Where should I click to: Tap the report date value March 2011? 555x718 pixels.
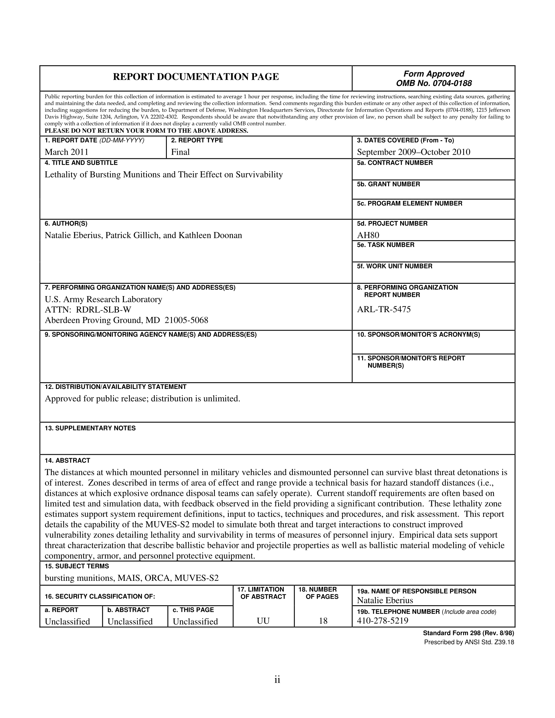[x=67, y=152]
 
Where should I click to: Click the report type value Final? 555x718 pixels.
[x=180, y=152]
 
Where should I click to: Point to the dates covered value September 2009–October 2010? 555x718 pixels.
[x=413, y=152]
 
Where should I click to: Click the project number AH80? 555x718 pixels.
[x=368, y=235]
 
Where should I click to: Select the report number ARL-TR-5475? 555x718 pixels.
[x=384, y=309]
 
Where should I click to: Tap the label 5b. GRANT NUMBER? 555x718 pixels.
[x=388, y=184]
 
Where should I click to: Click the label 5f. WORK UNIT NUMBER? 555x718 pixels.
[x=394, y=266]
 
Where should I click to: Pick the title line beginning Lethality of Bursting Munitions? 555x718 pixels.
[x=164, y=175]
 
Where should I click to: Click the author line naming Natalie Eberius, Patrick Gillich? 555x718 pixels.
[x=143, y=235]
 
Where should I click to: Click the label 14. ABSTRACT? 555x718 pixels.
[x=67, y=460]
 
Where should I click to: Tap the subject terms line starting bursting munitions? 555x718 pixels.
[x=131, y=578]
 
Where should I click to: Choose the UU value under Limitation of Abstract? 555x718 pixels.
[x=263, y=621]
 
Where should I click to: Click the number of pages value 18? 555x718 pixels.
[x=323, y=621]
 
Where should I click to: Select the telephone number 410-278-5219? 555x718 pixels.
[x=382, y=621]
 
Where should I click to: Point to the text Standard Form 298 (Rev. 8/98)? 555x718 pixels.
[x=468, y=633]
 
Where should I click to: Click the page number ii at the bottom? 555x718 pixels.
[x=277, y=680]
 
